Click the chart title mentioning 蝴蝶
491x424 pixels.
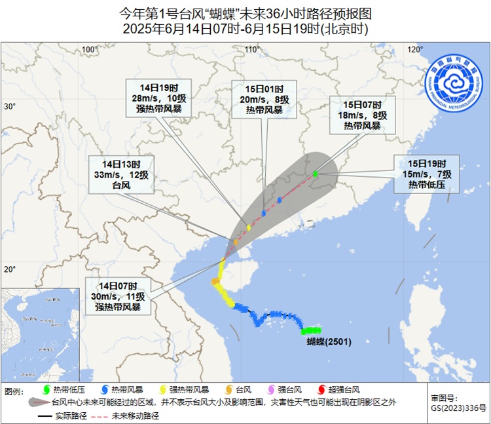coord(245,12)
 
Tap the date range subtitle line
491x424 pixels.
coord(245,29)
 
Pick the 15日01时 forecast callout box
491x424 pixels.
coord(264,99)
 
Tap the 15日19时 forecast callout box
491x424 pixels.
coord(427,174)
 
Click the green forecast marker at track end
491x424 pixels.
coord(315,174)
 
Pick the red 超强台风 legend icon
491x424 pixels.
coord(322,391)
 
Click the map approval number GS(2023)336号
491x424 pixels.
coord(458,408)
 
